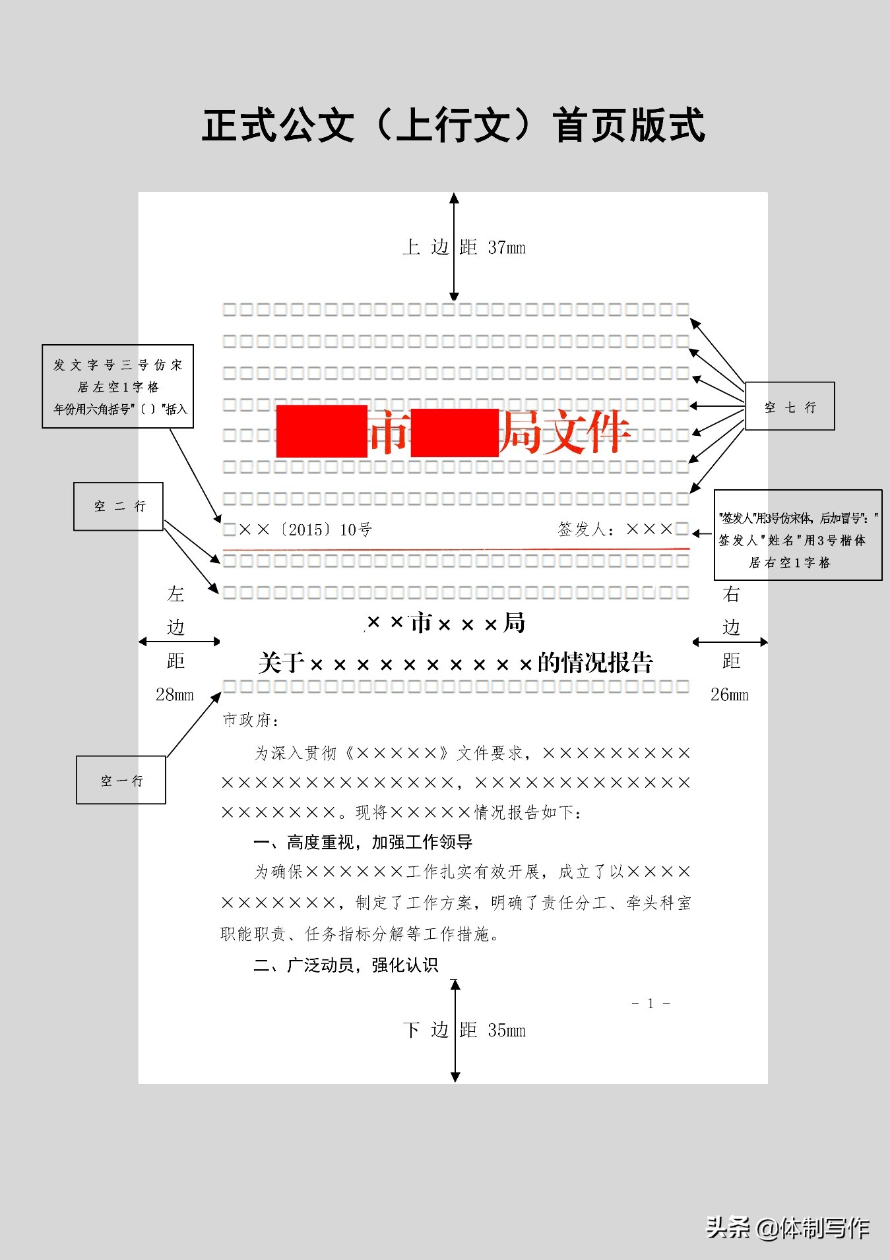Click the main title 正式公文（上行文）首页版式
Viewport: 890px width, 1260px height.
[453, 125]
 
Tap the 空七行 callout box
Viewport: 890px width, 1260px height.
[790, 407]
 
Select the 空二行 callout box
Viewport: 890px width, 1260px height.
[118, 506]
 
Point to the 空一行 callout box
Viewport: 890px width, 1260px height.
[121, 780]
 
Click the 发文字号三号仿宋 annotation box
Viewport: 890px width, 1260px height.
[118, 386]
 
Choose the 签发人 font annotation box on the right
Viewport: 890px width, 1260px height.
[798, 535]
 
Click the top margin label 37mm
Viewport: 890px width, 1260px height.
[506, 248]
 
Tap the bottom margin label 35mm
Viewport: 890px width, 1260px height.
[506, 1030]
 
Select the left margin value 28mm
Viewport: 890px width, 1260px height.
[175, 694]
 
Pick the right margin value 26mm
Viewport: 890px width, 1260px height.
[729, 694]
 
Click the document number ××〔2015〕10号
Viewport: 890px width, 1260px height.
[305, 529]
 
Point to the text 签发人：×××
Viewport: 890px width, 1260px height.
[615, 529]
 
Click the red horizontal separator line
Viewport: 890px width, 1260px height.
[455, 548]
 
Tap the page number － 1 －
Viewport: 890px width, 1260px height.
[651, 1004]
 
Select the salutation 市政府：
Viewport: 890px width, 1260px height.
[251, 720]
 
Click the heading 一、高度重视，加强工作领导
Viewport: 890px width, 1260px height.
[363, 842]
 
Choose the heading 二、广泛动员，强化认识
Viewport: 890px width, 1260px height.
[346, 965]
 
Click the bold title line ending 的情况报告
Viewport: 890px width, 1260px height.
[455, 663]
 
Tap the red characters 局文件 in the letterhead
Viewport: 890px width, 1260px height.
[564, 432]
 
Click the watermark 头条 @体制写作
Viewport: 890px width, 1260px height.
[788, 1228]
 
